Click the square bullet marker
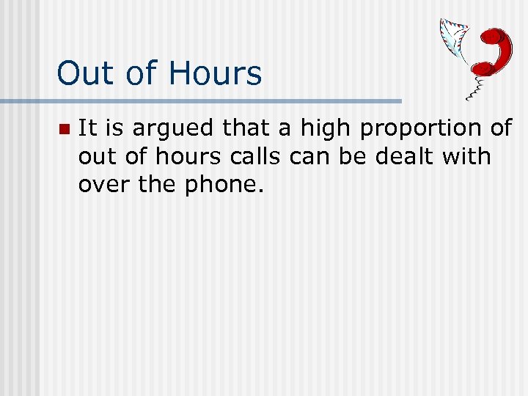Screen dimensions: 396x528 [x=64, y=130]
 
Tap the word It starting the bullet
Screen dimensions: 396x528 [x=87, y=129]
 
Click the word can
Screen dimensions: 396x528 [x=319, y=157]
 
